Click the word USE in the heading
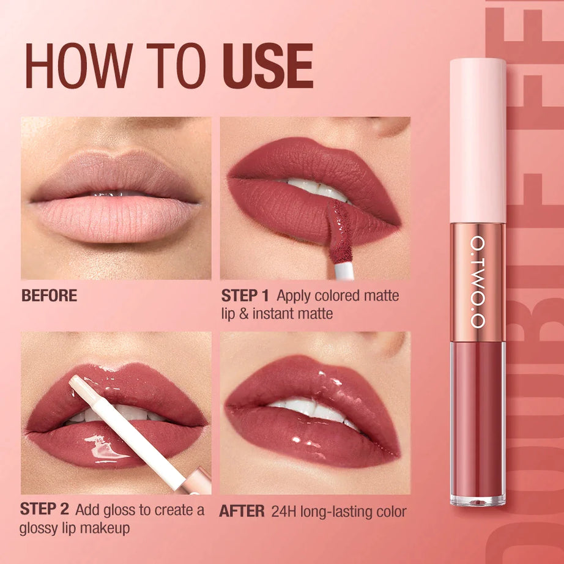(267, 67)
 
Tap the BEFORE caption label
(49, 295)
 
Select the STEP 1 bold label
(245, 296)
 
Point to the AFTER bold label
(242, 511)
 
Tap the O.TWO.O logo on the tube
(477, 282)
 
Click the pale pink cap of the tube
(478, 141)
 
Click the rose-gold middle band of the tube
(478, 281)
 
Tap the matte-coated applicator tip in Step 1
(338, 232)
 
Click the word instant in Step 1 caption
(268, 314)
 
